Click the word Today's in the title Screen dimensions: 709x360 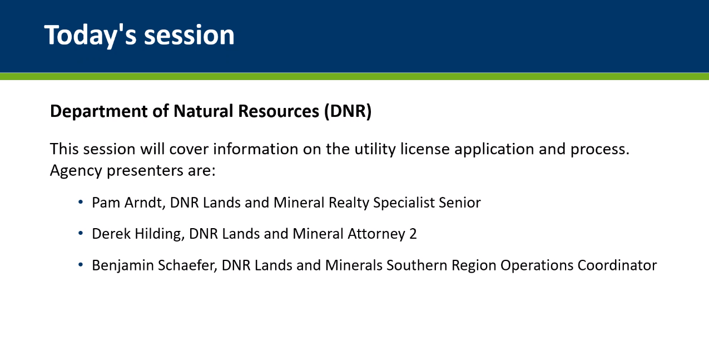(91, 36)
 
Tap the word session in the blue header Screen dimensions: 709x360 (189, 35)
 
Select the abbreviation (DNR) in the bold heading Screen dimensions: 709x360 (348, 111)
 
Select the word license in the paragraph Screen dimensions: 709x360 (425, 149)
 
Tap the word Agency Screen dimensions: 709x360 (76, 171)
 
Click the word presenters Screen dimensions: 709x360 (145, 171)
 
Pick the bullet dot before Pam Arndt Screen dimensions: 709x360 (81, 201)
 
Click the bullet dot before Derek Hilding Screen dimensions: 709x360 (81, 233)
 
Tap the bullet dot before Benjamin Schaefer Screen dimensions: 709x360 (81, 264)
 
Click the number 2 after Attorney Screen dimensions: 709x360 (413, 234)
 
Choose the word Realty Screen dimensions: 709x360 (349, 203)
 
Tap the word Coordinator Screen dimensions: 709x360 (617, 265)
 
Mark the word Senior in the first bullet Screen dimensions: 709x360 (459, 203)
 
